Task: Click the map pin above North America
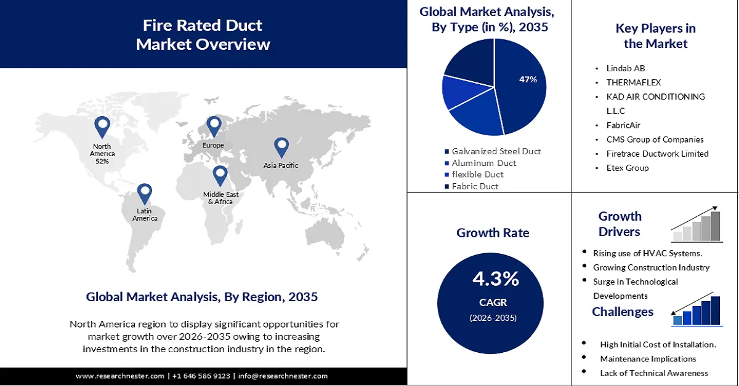point(102,127)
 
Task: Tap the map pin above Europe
point(214,126)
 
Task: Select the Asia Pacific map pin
point(281,147)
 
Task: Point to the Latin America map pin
point(144,193)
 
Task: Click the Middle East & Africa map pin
point(220,176)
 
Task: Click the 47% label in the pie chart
point(528,79)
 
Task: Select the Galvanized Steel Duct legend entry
point(496,151)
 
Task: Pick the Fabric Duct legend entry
point(475,186)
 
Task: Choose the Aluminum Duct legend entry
point(483,163)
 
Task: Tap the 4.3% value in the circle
point(496,279)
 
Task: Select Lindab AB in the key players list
point(626,68)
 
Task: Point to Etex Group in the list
point(628,168)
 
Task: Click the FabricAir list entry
point(624,125)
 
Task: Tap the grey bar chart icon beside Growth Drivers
point(697,224)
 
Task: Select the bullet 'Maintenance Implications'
point(648,359)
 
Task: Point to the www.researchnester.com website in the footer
point(120,376)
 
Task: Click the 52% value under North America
point(102,162)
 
